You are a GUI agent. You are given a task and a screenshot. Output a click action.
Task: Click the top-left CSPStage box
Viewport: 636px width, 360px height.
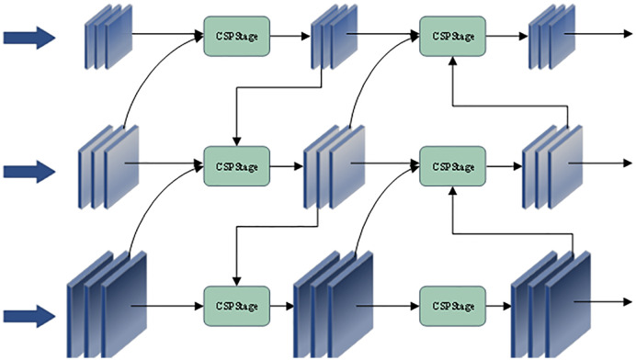pyautogui.click(x=237, y=36)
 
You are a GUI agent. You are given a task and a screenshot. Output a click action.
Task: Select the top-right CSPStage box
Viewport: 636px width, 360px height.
pyautogui.click(x=453, y=36)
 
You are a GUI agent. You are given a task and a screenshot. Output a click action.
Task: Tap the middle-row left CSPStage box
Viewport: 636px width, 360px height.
pyautogui.click(x=237, y=166)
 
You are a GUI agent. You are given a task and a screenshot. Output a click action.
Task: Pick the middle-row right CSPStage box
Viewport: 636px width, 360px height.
pyautogui.click(x=453, y=166)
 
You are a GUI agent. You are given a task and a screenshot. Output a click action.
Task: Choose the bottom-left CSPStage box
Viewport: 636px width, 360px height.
pyautogui.click(x=237, y=306)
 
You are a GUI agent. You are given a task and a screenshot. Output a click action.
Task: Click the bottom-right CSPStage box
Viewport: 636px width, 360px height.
pyautogui.click(x=453, y=306)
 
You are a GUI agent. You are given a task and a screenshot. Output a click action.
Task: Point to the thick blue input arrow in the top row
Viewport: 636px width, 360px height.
pyautogui.click(x=29, y=38)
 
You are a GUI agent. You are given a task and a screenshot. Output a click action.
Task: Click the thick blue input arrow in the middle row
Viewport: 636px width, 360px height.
pyautogui.click(x=29, y=172)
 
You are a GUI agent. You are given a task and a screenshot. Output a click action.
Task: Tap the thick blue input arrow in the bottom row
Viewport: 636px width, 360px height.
pyautogui.click(x=29, y=316)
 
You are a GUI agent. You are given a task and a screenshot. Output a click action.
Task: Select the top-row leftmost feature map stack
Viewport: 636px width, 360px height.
pyautogui.click(x=108, y=37)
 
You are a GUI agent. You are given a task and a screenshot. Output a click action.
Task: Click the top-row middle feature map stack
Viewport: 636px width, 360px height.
pyautogui.click(x=335, y=37)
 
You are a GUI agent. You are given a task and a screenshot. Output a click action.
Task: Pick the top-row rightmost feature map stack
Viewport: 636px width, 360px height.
pyautogui.click(x=552, y=37)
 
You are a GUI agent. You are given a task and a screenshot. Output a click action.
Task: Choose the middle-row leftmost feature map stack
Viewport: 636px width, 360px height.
pyautogui.click(x=108, y=167)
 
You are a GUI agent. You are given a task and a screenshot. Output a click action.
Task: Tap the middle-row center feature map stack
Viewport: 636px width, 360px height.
pyautogui.click(x=335, y=167)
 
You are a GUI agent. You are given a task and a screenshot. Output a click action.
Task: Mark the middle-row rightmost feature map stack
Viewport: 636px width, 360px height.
pyautogui.click(x=552, y=167)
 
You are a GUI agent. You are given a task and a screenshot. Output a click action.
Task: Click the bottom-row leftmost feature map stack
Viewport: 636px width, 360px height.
pyautogui.click(x=107, y=304)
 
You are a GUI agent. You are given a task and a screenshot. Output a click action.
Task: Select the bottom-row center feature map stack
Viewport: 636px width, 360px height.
pyautogui.click(x=334, y=304)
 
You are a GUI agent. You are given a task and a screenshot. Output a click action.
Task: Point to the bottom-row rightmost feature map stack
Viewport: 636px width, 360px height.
pyautogui.click(x=551, y=304)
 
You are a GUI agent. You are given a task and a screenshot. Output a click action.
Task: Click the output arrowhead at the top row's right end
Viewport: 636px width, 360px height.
pyautogui.click(x=628, y=34)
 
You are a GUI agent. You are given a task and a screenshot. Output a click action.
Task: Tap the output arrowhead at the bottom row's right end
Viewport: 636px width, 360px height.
pyautogui.click(x=628, y=301)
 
